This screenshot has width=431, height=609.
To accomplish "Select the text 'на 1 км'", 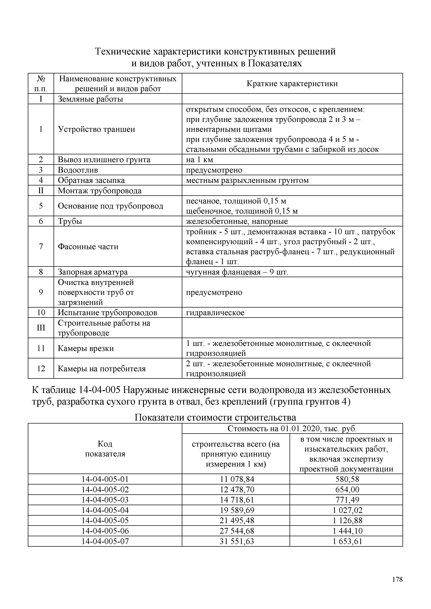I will pos(199,160).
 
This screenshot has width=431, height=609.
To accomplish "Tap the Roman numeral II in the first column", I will pos(41,190).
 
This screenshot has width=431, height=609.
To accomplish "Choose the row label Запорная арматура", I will pos(93,272).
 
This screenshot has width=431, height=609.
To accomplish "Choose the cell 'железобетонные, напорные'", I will pos(237,221).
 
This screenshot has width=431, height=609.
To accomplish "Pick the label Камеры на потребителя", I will pos(102,368).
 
